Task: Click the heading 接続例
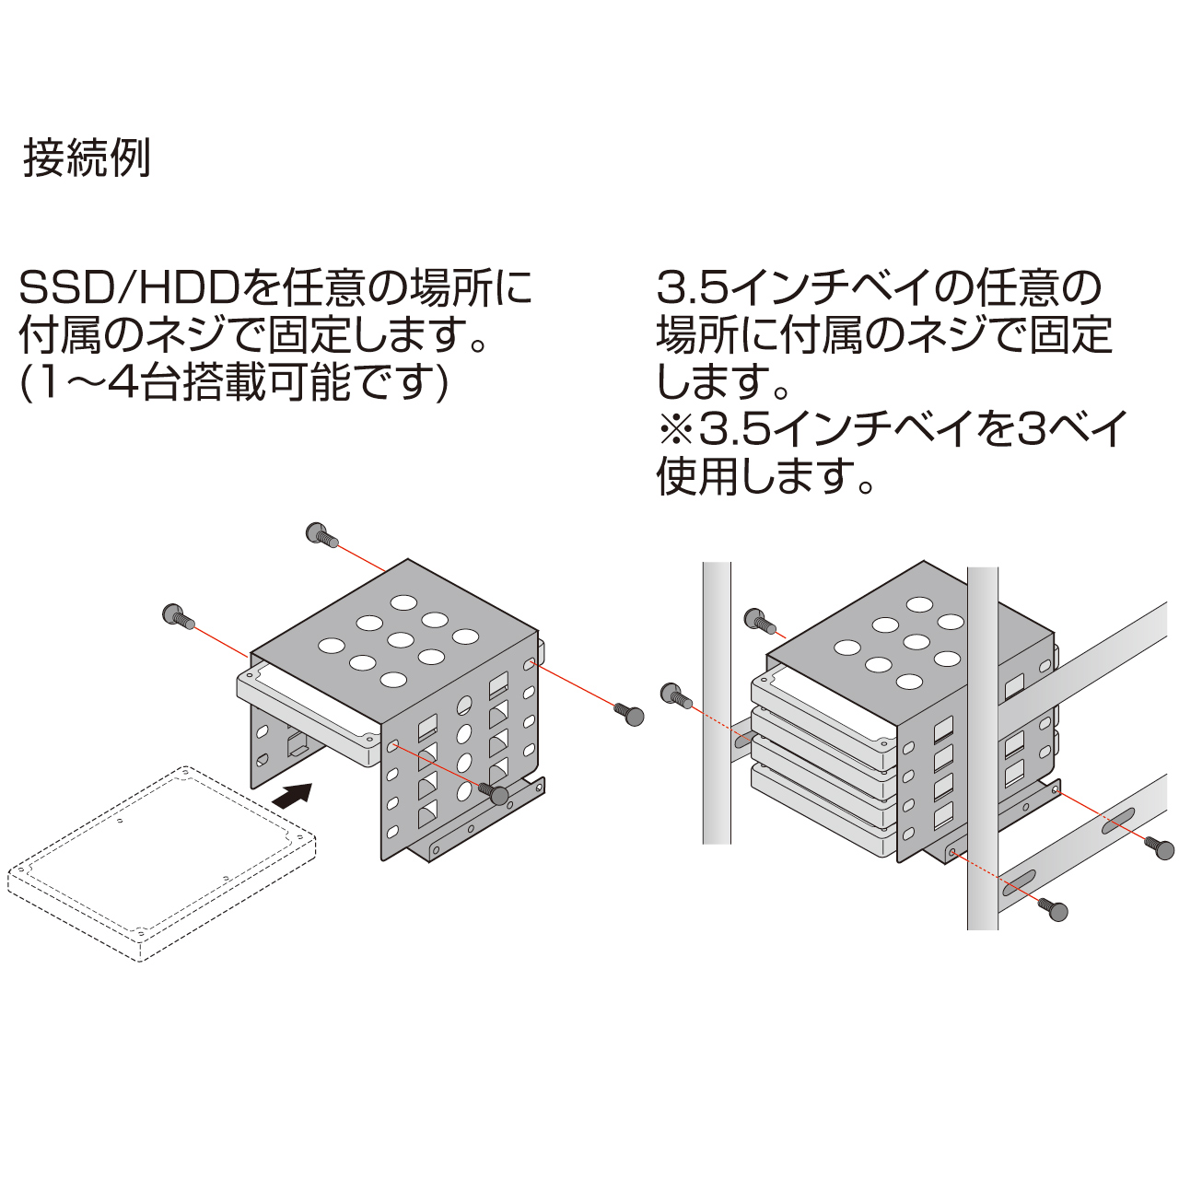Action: [x=87, y=159]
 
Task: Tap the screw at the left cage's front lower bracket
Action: [x=495, y=794]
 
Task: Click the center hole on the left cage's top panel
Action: [x=401, y=641]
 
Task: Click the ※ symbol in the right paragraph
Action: [x=676, y=429]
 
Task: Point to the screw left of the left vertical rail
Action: [x=678, y=695]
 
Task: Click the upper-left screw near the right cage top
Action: [x=761, y=619]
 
